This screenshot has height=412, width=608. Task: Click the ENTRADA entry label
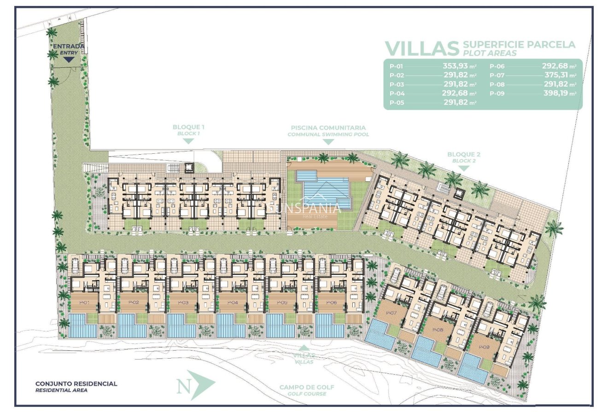click(x=69, y=46)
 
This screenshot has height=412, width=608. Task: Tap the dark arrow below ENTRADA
click(x=69, y=59)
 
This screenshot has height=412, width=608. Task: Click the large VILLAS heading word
click(x=422, y=48)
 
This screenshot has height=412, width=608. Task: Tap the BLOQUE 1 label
click(x=188, y=127)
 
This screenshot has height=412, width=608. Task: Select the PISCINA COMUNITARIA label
click(x=328, y=128)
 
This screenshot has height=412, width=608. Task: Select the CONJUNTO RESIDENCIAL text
click(x=76, y=383)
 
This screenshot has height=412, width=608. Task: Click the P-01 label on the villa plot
click(x=84, y=302)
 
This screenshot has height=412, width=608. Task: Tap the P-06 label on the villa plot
click(x=332, y=302)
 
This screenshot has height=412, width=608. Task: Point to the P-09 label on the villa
click(x=483, y=348)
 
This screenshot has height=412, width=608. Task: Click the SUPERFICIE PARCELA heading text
click(x=519, y=45)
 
